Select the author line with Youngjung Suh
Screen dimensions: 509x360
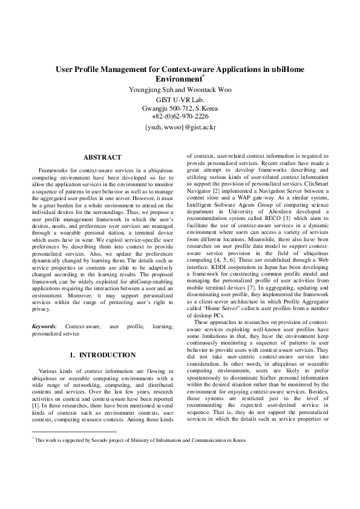(x=180, y=89)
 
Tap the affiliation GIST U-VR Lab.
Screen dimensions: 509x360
(x=180, y=99)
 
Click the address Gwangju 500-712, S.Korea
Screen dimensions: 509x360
(x=180, y=108)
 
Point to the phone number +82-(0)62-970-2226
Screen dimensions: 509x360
(x=180, y=116)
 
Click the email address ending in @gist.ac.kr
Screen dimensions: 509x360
(x=180, y=128)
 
